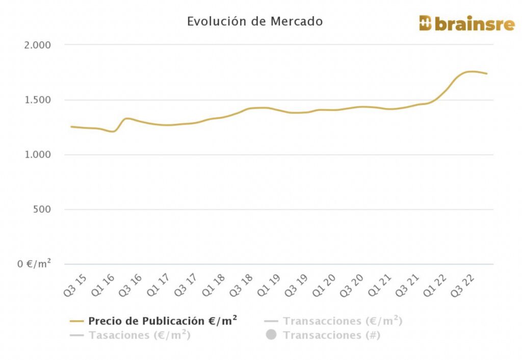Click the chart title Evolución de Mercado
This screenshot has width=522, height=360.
pos(254,21)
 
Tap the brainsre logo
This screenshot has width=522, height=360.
pos(466,23)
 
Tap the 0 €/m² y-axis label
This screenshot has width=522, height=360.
pos(34,264)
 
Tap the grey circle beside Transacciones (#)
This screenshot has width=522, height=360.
pos(271,335)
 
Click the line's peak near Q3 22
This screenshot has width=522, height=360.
pos(471,71)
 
